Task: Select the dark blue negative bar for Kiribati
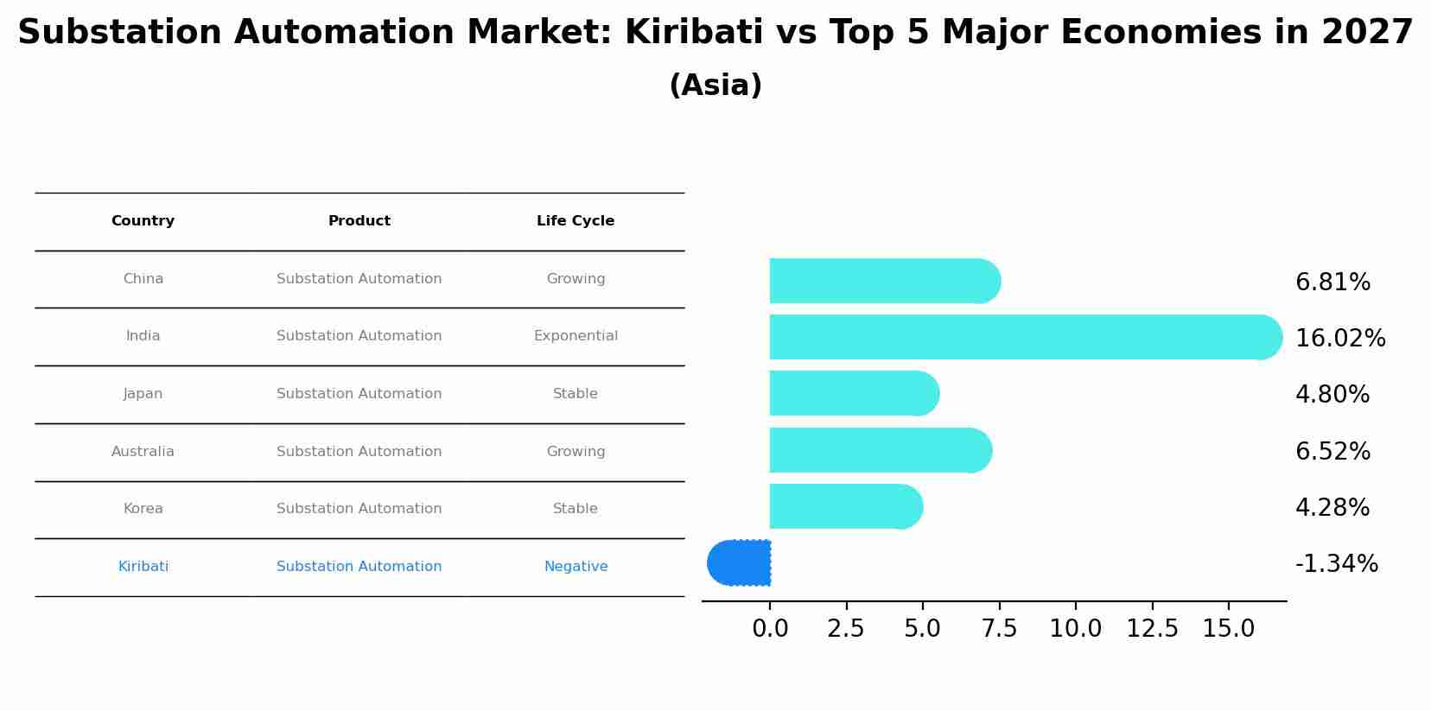739,563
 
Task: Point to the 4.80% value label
1332,395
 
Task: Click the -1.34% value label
1336,564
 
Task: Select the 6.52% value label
1332,452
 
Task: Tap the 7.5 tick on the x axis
999,629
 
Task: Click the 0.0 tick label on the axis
770,629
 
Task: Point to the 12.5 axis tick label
1152,629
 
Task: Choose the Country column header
143,221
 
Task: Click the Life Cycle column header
576,221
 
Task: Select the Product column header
359,221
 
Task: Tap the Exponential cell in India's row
576,336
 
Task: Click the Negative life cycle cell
576,567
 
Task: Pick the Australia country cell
143,452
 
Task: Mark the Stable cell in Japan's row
576,394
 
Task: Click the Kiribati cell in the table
143,567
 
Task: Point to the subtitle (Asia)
715,86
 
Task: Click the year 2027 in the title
1367,33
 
